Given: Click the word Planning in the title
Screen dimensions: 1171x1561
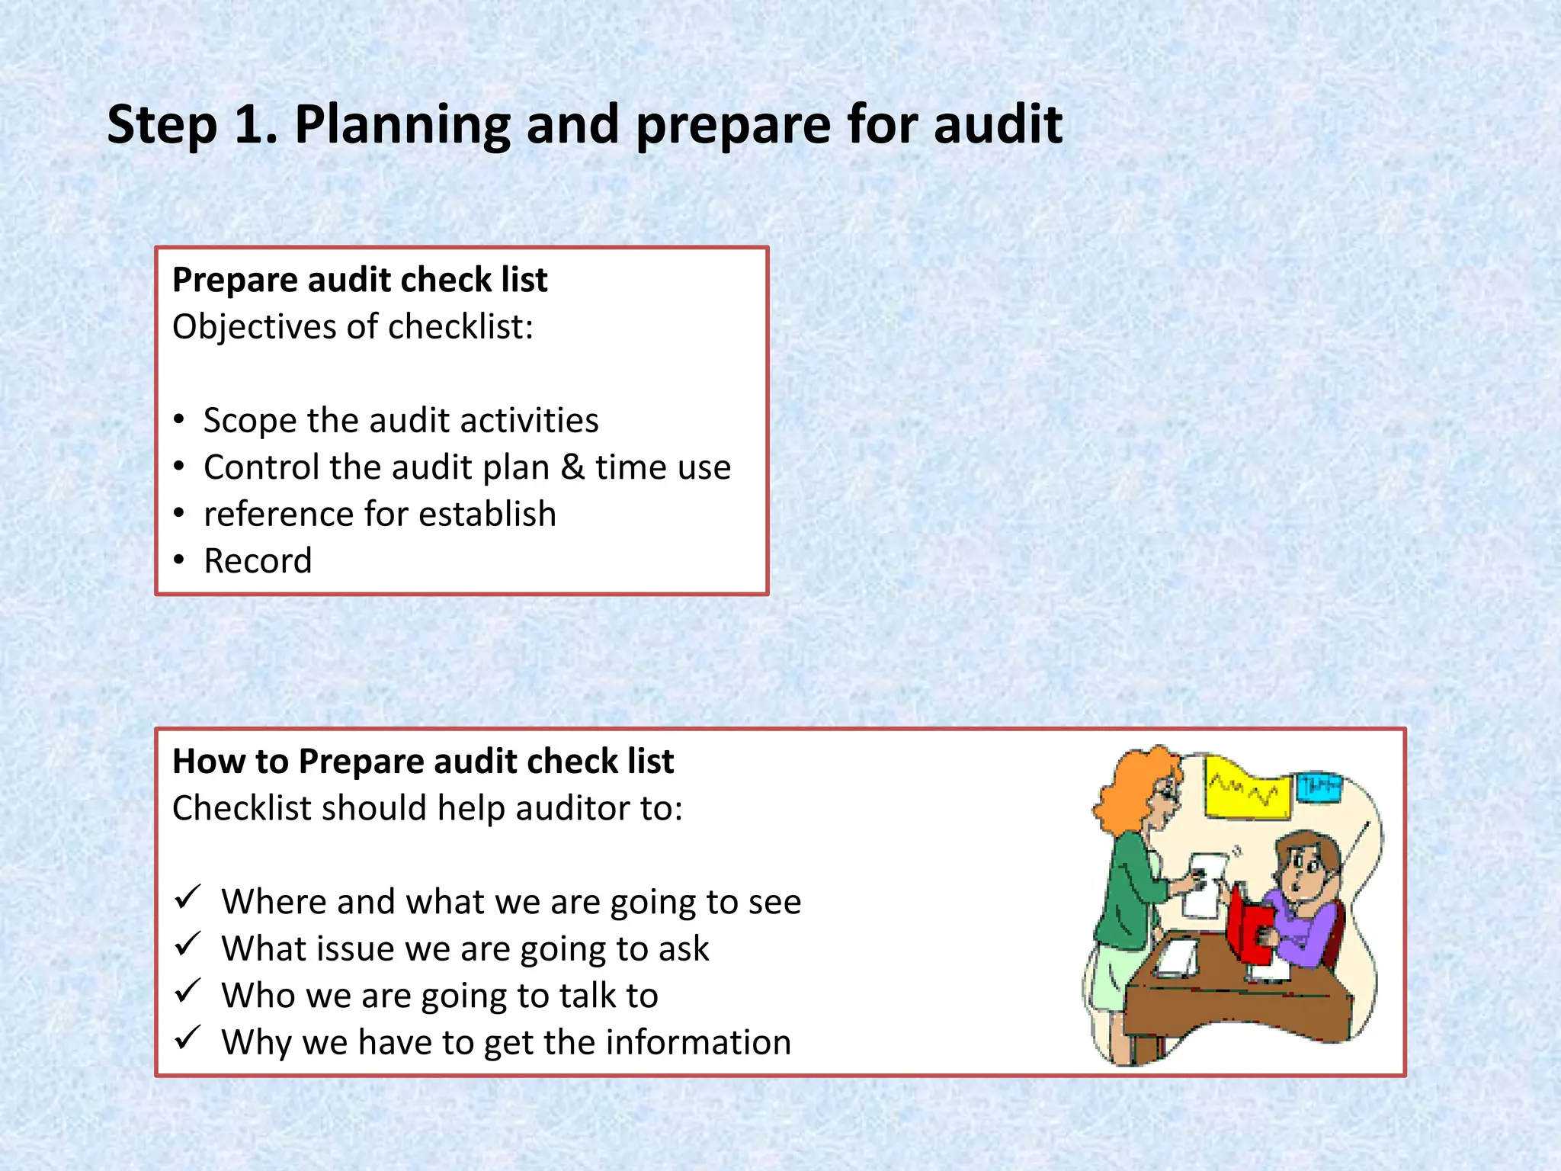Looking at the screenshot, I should [402, 126].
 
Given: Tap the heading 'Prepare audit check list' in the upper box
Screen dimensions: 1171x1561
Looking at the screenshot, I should [360, 280].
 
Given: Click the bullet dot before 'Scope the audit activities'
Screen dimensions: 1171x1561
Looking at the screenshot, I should [179, 419].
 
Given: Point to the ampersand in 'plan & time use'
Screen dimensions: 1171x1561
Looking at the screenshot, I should [572, 467].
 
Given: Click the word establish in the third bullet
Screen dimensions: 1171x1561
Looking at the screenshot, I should [487, 514].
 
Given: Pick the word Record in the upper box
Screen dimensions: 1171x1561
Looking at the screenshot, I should [258, 561].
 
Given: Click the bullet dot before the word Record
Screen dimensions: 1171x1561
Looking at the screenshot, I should [179, 560].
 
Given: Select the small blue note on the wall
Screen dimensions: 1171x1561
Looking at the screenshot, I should [1319, 786].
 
